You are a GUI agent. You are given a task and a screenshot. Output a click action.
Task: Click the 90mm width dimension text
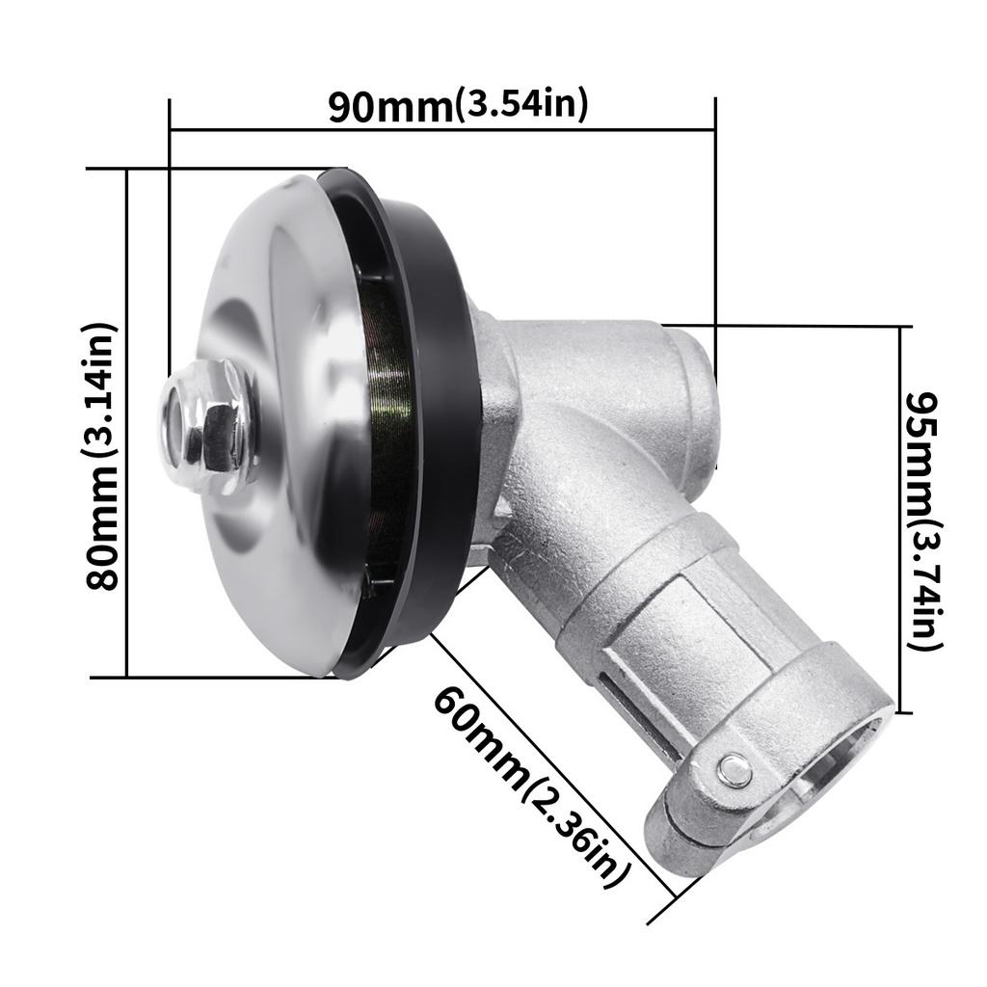coord(389,107)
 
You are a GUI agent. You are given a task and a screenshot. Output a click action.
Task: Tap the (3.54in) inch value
coord(520,104)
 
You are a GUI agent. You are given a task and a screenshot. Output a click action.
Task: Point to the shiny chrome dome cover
coord(280,318)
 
